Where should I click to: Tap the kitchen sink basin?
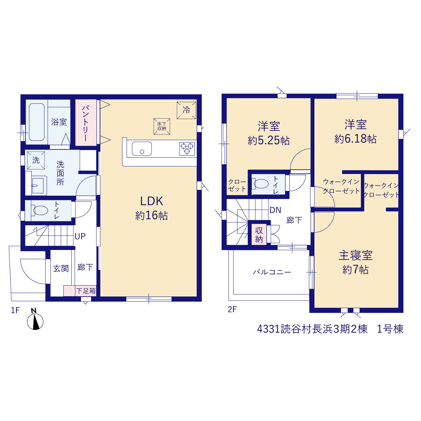141,149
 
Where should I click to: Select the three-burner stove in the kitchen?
187,149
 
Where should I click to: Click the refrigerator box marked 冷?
186,110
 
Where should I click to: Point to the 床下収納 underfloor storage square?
162,126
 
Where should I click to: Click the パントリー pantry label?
86,123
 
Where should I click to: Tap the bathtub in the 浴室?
37,122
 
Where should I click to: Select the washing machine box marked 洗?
36,161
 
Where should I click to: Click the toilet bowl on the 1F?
40,210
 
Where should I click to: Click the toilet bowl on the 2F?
260,184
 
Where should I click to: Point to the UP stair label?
80,236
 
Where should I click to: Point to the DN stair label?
275,210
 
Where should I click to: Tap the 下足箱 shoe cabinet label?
86,291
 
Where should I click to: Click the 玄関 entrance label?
61,268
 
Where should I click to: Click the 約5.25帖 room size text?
269,140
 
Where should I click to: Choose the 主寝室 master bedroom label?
356,256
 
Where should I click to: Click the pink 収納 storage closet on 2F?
259,235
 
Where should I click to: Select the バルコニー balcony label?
272,272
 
